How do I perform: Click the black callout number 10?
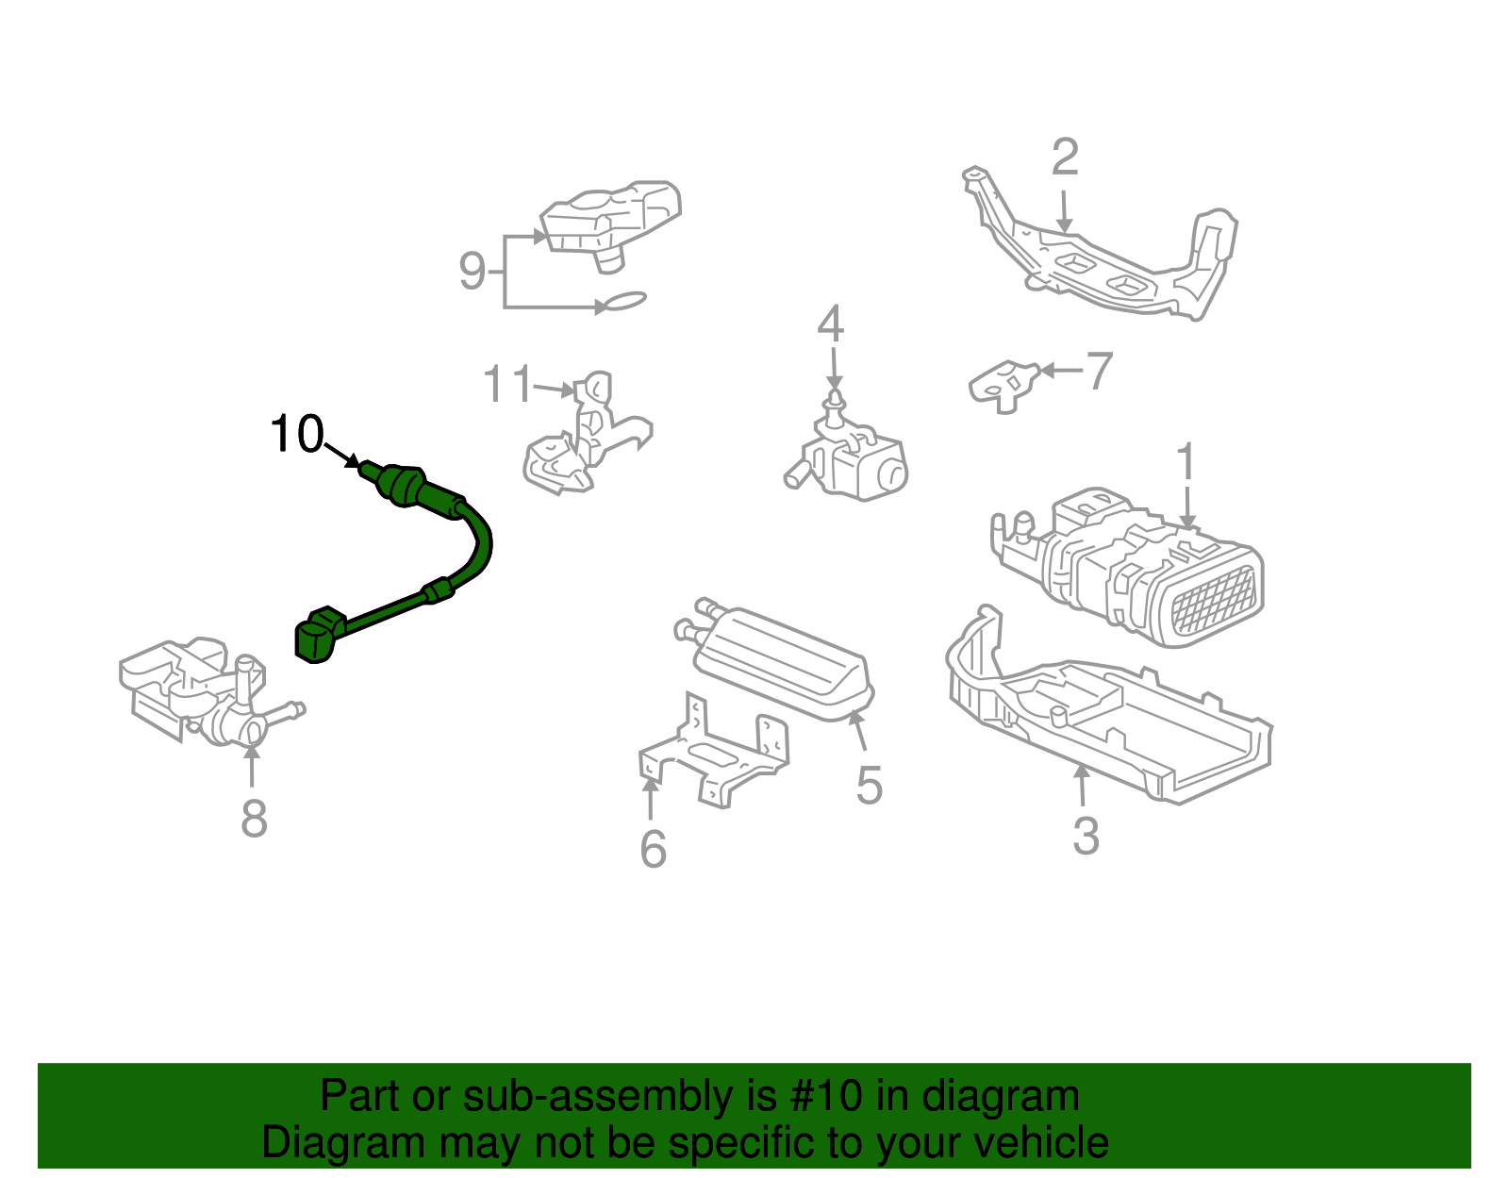[296, 435]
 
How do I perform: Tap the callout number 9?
[472, 271]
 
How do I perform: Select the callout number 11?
[507, 385]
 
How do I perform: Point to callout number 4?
[830, 324]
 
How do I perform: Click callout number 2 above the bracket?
[1064, 158]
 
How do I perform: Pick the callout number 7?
[1099, 371]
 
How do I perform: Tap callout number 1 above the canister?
[1186, 463]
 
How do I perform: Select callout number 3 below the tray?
[1086, 837]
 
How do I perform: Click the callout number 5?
[869, 785]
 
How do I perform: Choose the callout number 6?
[653, 849]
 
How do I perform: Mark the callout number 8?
[254, 818]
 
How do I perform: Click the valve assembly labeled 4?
[854, 456]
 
